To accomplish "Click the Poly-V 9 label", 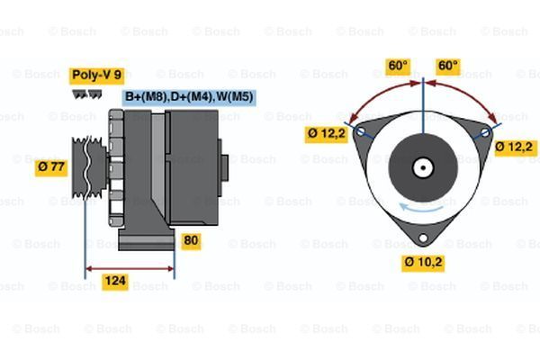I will pos(95,76).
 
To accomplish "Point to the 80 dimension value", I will pos(191,240).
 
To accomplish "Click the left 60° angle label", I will pos(398,66).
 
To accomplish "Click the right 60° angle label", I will pos(447,66).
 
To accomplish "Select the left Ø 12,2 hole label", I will pos(325,134).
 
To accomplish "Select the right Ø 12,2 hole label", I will pos(516,147).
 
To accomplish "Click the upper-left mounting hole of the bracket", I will pos(362,131).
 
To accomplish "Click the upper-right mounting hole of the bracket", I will pos(485,131).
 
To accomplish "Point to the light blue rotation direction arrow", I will pos(409,208).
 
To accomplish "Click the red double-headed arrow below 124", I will pos(130,267).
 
